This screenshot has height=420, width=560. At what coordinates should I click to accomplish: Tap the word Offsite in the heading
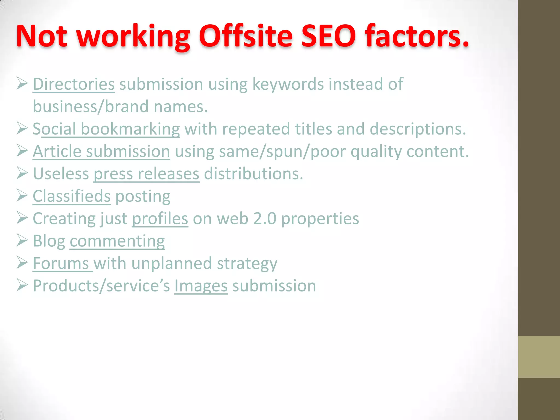pos(246,36)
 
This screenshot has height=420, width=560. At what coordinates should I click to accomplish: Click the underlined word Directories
pos(74,84)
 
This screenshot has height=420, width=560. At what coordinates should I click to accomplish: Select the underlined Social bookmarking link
pos(106,129)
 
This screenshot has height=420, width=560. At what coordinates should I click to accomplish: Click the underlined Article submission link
pos(101,151)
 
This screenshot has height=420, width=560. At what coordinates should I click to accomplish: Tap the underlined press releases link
pos(146,174)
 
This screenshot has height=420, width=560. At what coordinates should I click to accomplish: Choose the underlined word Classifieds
pos(72,196)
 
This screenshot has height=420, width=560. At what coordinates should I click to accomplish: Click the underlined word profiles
pos(160,219)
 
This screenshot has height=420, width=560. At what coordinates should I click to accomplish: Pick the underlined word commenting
pos(117,241)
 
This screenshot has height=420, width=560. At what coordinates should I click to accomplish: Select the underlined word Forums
pos(61,263)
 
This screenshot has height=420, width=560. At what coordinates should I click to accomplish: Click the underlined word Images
pos(201,286)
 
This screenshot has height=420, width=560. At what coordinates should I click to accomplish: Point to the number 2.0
pos(265,219)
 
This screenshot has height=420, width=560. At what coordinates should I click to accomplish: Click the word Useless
pos(61,174)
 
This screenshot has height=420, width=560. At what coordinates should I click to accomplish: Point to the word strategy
pos(247,264)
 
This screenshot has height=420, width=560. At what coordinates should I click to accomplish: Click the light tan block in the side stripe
pos(539,357)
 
